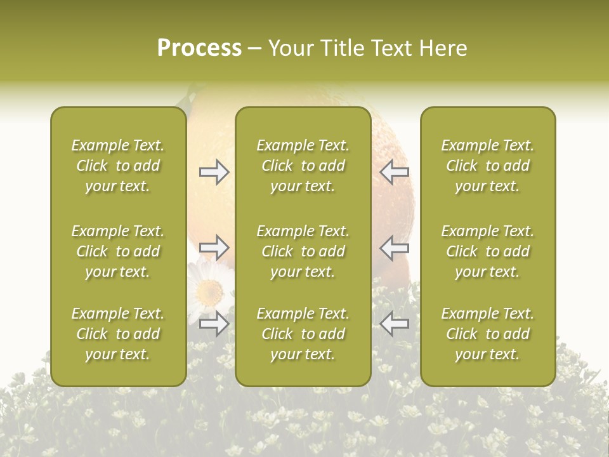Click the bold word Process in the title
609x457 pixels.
coord(199,48)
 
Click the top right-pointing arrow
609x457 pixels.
coord(214,172)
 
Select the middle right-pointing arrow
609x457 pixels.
coord(214,248)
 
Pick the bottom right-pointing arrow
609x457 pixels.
coord(214,324)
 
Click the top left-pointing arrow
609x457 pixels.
coord(394,172)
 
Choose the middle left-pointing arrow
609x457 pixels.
coord(394,248)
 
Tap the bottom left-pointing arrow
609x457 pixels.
coord(394,324)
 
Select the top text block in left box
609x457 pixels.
coord(118,166)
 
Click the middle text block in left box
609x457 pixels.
coord(118,251)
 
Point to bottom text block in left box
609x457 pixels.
coord(118,334)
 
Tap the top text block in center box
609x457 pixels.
coord(303,166)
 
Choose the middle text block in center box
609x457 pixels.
coord(303,251)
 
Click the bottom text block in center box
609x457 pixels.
coord(303,334)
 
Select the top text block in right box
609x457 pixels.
coord(487,166)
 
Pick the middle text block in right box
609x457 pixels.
coord(487,251)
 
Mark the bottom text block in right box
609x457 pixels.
coord(487,334)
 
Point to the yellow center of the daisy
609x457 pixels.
coord(208,291)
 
